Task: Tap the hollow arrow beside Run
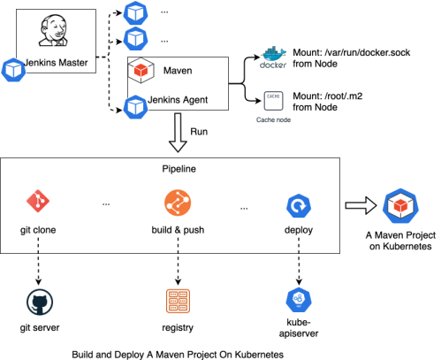tap(179, 134)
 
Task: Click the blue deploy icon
tap(298, 206)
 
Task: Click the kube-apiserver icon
tap(298, 299)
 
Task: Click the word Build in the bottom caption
tap(87, 352)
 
